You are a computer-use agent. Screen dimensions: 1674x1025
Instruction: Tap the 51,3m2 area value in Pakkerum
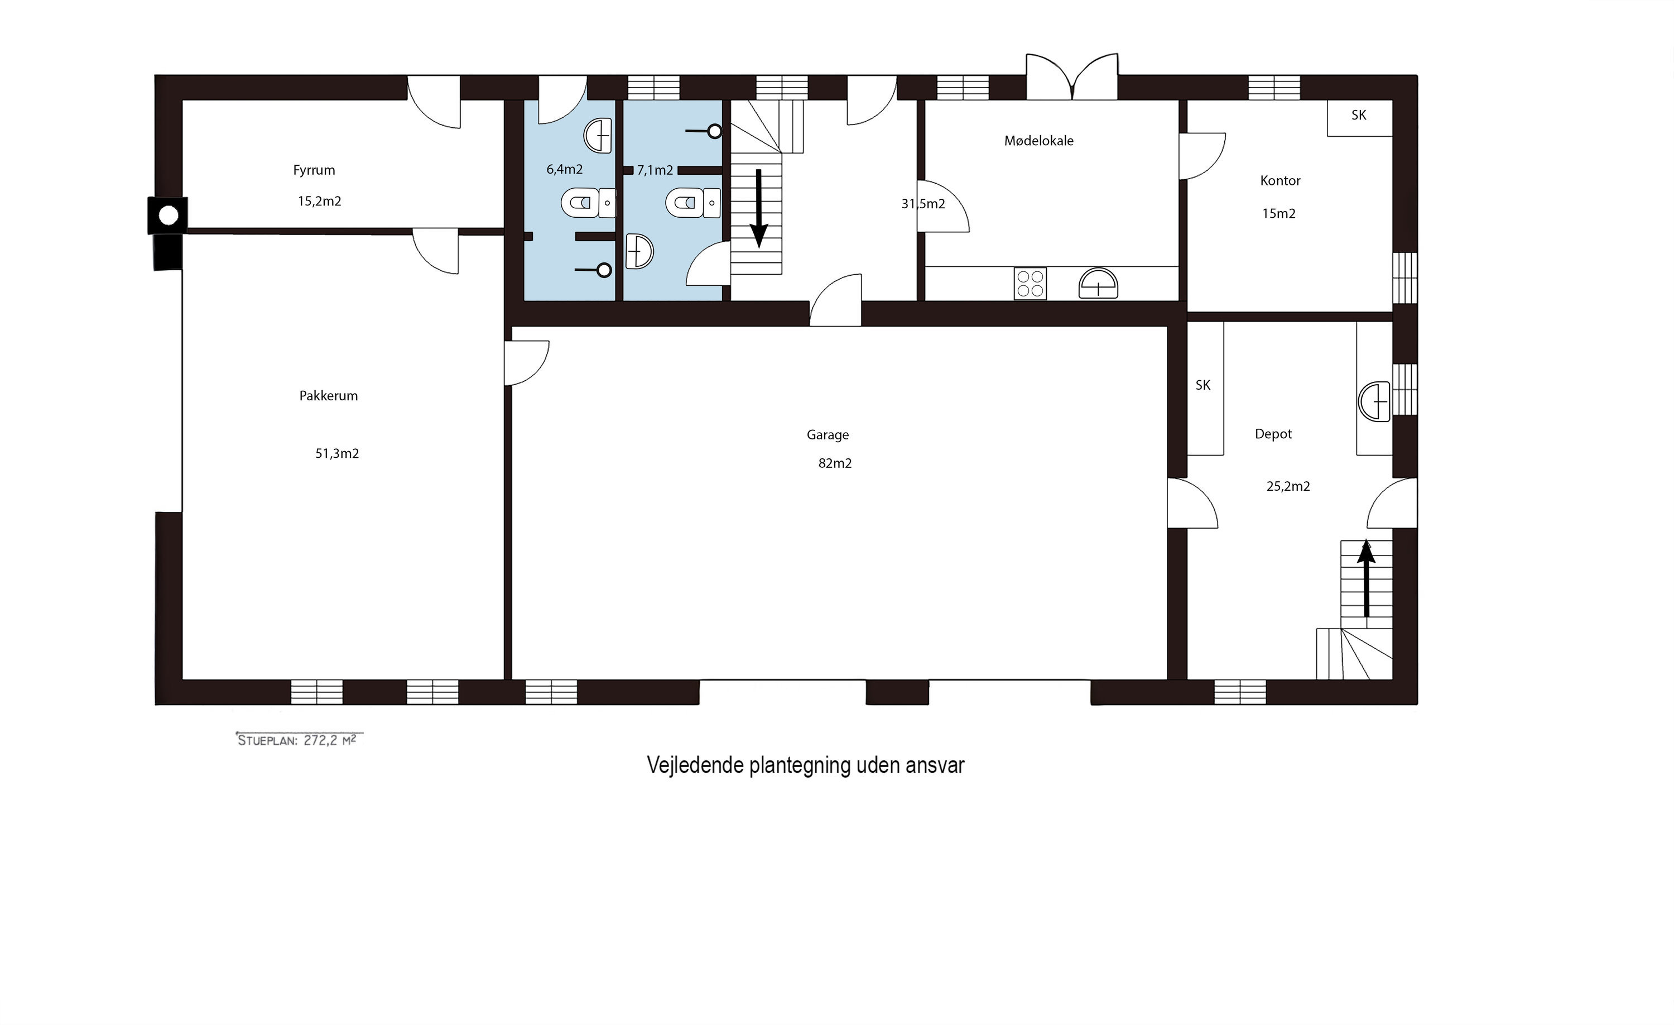pyautogui.click(x=337, y=453)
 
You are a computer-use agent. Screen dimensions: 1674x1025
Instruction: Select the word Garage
pyautogui.click(x=828, y=435)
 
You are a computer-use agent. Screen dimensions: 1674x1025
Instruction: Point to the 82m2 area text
pyautogui.click(x=835, y=463)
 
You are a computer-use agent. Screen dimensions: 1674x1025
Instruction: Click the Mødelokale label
pyautogui.click(x=1039, y=141)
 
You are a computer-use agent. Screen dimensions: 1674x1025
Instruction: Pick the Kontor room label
pyautogui.click(x=1280, y=181)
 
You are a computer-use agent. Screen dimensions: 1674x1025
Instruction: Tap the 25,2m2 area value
pyautogui.click(x=1288, y=486)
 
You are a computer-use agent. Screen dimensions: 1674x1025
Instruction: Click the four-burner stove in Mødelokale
pyautogui.click(x=1030, y=284)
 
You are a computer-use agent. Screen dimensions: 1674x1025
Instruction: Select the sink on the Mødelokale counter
pyautogui.click(x=1098, y=284)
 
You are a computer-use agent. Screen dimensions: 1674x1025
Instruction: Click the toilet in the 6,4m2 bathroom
pyautogui.click(x=588, y=203)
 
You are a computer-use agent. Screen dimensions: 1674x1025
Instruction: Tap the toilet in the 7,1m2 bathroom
pyautogui.click(x=693, y=203)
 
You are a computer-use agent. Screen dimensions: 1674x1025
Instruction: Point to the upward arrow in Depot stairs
pyautogui.click(x=1365, y=578)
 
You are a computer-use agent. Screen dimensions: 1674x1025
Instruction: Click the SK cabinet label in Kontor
pyautogui.click(x=1359, y=116)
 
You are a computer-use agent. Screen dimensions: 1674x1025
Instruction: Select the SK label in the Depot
pyautogui.click(x=1203, y=385)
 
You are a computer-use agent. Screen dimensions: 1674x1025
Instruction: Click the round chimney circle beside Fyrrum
pyautogui.click(x=169, y=216)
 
